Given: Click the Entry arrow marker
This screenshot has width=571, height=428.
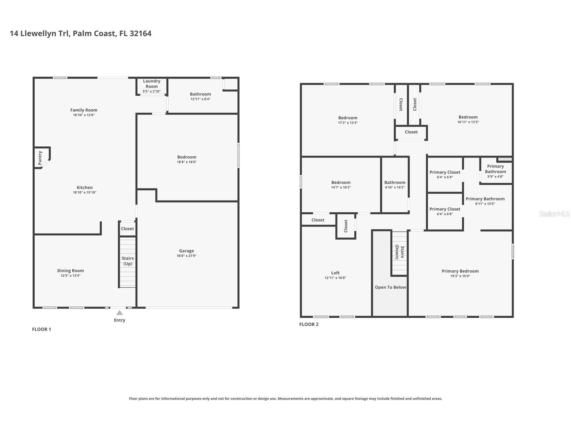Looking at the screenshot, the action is click(119, 313).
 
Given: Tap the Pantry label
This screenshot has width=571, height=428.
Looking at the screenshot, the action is click(40, 158).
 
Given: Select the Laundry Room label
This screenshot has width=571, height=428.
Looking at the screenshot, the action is click(151, 83).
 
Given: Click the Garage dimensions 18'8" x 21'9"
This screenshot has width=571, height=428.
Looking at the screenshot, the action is click(186, 256).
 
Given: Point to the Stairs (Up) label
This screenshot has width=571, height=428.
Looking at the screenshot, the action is click(128, 261).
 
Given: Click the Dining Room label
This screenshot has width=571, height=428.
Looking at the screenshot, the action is click(70, 271).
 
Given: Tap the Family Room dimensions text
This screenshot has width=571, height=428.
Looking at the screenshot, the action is click(84, 115).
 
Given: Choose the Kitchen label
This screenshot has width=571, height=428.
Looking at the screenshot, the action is click(84, 187).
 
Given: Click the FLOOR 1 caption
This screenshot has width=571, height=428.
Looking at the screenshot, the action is click(41, 329).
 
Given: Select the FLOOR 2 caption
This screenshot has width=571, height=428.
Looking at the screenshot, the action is click(309, 324).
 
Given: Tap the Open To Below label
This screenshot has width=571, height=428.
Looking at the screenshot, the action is click(390, 287).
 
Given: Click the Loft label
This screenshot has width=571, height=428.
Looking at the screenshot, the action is click(335, 273).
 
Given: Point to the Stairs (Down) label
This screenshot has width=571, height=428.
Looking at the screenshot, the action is click(400, 252).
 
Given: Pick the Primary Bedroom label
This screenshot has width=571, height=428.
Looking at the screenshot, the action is click(460, 271).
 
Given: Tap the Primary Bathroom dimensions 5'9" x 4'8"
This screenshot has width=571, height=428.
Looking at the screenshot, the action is click(495, 177).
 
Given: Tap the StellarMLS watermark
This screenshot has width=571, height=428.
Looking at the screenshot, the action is click(555, 214).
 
